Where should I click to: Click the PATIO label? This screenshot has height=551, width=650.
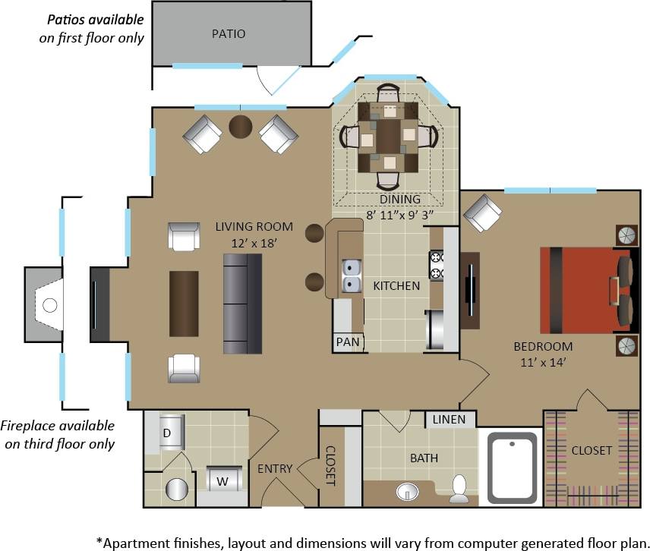click(x=228, y=33)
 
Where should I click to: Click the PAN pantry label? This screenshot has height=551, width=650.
click(x=348, y=342)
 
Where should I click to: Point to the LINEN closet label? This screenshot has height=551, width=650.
click(x=450, y=420)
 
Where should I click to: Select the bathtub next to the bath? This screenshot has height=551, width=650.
click(x=512, y=468)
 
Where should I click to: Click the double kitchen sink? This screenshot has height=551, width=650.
click(x=351, y=276)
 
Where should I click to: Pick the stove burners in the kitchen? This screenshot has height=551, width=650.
click(x=437, y=265)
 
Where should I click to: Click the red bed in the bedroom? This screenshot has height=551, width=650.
click(x=585, y=289)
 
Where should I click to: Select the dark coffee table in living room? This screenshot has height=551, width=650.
click(x=184, y=303)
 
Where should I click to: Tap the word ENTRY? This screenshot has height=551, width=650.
click(x=274, y=469)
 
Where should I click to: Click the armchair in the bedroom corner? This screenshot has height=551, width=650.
click(x=483, y=213)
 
